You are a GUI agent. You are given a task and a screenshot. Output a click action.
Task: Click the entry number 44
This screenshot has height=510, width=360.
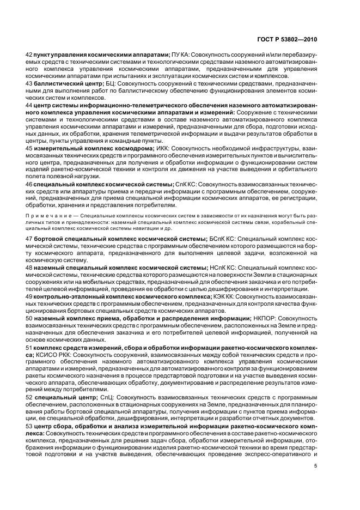[29, 104]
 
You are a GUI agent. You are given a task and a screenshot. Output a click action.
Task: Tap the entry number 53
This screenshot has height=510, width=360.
[29, 426]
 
